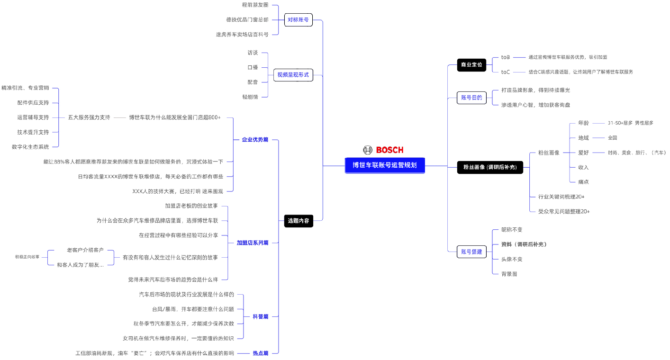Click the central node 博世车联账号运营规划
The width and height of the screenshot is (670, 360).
coord(384,165)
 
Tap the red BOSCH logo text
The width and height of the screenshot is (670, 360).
coord(389,150)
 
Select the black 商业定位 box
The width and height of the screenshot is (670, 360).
coord(471,65)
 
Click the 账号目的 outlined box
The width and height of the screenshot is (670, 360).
coord(471,98)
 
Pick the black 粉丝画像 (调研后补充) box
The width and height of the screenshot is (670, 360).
coord(490,167)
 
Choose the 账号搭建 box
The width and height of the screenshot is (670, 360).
coord(471,252)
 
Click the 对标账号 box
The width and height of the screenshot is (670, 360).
coord(298,20)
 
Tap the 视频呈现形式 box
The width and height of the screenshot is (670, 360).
coord(293,75)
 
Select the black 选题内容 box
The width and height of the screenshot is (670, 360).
coord(299,221)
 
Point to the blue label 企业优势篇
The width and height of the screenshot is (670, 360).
coord(255,140)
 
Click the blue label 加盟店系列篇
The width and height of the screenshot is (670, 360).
coord(253,243)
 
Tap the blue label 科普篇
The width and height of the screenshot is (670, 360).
coord(261,316)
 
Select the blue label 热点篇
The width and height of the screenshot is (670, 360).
coord(261,353)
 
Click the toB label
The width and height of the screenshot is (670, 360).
coord(506,57)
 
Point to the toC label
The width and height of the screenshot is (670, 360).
coord(506,72)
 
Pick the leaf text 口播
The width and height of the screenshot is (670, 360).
coord(253,67)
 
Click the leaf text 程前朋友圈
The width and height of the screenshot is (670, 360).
coord(255,5)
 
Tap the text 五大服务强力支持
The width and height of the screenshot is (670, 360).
coord(89,117)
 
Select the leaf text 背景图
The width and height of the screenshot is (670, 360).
coord(509,274)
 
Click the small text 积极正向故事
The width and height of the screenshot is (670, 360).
coord(27,257)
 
